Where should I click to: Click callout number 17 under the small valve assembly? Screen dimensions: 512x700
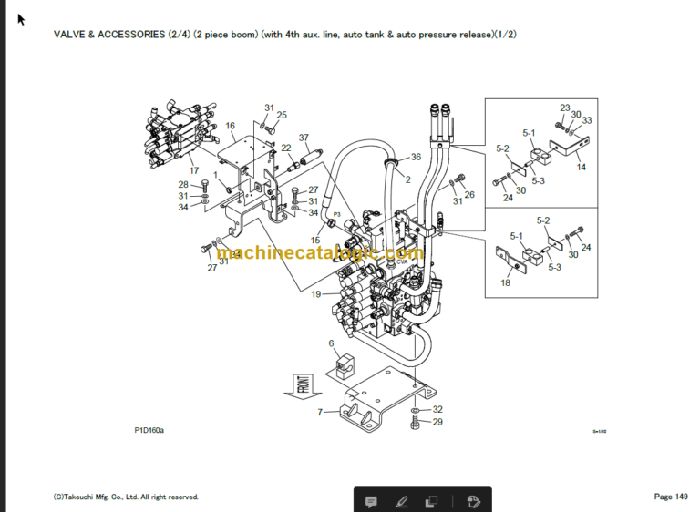[193, 170]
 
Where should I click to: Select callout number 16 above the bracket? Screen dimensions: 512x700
[231, 126]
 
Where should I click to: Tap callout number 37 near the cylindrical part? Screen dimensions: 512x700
[304, 138]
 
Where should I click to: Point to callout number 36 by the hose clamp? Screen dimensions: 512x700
[416, 157]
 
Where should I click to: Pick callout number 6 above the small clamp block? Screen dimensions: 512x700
[332, 343]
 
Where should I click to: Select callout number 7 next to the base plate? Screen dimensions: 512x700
[320, 412]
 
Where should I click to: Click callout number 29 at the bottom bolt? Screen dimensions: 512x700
[437, 422]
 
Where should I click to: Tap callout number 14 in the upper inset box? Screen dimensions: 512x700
[581, 167]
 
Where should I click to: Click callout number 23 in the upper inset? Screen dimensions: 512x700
[564, 108]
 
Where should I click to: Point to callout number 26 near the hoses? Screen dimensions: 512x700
[469, 194]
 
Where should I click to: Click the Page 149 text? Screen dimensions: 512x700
[670, 497]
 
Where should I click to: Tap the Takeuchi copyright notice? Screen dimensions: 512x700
[126, 497]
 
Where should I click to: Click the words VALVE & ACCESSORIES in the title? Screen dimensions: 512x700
[109, 34]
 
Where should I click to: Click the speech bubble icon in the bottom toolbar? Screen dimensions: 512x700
[372, 501]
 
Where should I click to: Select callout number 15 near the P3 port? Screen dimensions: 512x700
[315, 240]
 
